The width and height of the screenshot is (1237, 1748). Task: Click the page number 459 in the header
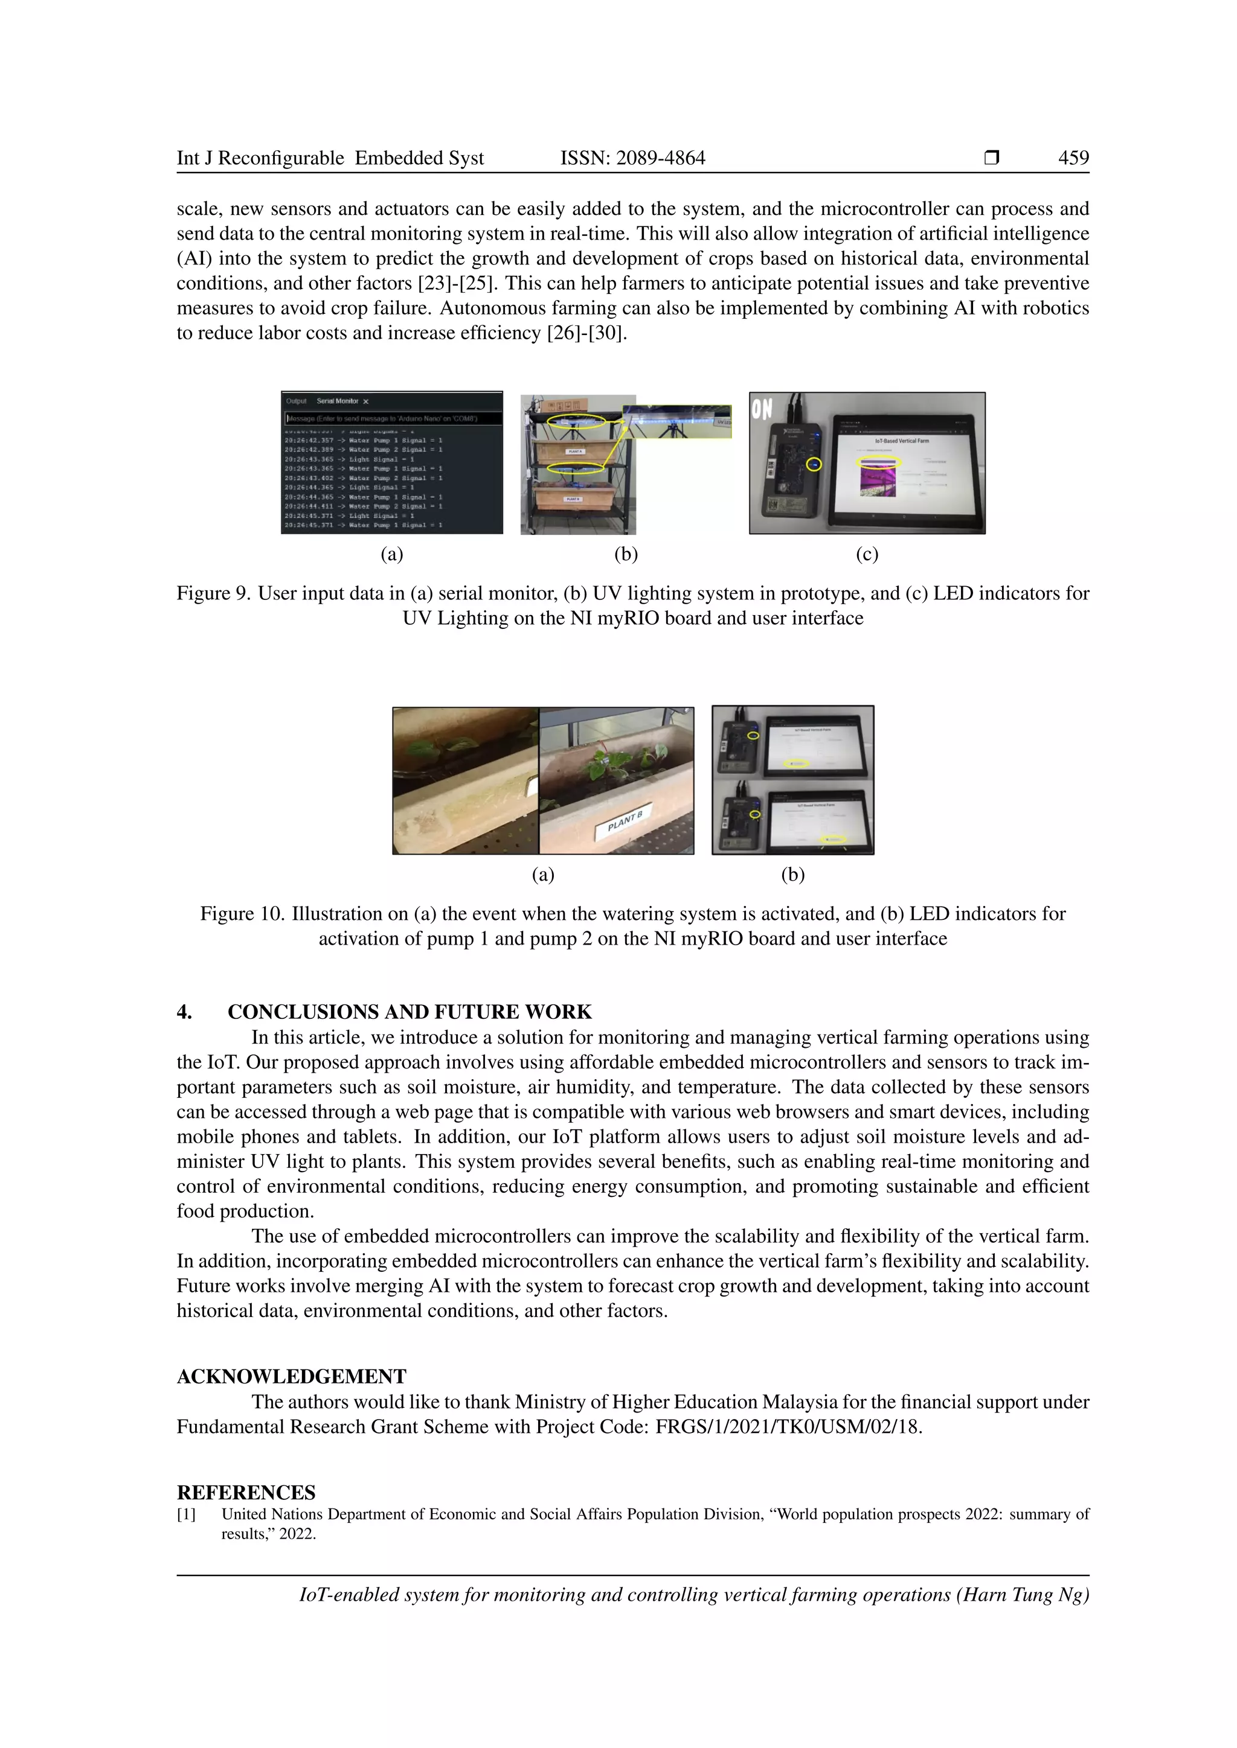click(x=1073, y=158)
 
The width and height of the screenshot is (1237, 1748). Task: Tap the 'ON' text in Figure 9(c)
click(x=762, y=410)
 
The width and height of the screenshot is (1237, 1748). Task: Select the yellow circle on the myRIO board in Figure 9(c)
click(x=814, y=464)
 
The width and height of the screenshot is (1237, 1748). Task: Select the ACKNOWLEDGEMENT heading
click(x=292, y=1376)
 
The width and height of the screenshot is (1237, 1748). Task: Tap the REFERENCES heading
click(x=246, y=1492)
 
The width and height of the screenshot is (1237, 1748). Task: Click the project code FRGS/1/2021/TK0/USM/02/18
click(x=788, y=1427)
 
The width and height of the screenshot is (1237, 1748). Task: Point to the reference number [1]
click(x=187, y=1514)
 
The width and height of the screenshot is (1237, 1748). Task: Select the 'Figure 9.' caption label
click(x=213, y=593)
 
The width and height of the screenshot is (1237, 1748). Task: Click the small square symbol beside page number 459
click(x=991, y=158)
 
